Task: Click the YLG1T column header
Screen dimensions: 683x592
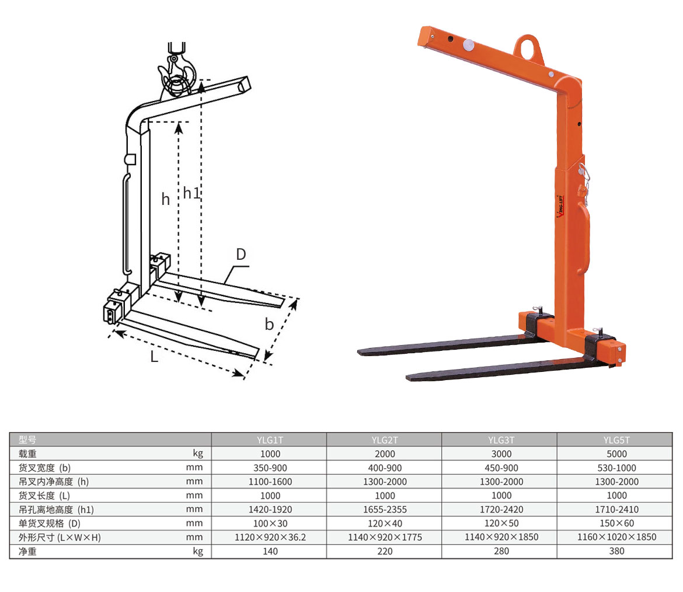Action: [x=270, y=440]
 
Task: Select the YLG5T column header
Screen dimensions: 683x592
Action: [x=616, y=440]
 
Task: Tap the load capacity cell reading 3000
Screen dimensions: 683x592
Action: [x=501, y=454]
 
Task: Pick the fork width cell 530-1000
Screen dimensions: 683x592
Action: [x=616, y=468]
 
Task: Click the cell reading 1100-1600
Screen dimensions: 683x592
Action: [x=270, y=482]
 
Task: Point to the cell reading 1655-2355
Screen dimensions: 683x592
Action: [x=385, y=510]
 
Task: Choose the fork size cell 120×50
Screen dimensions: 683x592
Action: [x=501, y=523]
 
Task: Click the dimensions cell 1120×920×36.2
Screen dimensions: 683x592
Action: [x=270, y=537]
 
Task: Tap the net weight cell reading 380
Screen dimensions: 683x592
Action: [x=616, y=551]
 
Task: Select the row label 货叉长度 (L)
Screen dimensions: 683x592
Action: [x=44, y=496]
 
